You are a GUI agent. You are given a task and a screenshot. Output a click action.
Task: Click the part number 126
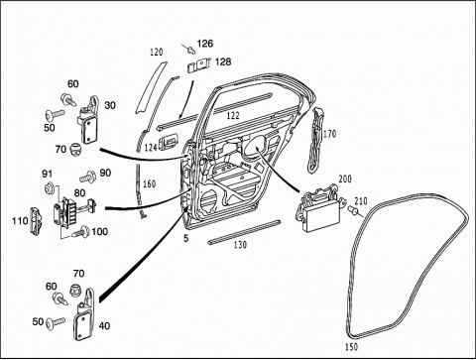point(205,44)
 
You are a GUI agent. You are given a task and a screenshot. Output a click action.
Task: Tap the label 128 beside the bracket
point(223,61)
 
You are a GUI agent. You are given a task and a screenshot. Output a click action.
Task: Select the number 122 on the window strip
point(233,116)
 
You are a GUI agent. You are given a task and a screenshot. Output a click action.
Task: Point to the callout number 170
point(329,134)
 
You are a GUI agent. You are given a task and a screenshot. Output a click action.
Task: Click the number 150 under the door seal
point(351,347)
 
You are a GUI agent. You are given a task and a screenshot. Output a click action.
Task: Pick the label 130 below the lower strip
point(240,245)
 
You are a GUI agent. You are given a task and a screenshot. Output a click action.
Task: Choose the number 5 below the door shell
point(186,238)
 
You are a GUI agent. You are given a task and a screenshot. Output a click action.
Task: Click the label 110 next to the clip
point(20,220)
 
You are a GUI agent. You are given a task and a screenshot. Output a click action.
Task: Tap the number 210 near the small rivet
point(361,200)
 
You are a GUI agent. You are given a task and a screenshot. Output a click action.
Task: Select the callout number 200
point(345,180)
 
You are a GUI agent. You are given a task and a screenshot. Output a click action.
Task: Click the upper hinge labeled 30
point(88,120)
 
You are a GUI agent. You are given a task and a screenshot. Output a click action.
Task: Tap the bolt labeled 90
point(88,177)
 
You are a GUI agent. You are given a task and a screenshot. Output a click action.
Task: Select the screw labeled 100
point(81,232)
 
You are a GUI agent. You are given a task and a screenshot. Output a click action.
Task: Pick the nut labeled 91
point(49,187)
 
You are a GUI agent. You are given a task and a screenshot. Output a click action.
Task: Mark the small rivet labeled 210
point(352,210)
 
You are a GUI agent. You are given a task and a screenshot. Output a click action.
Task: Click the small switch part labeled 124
point(170,143)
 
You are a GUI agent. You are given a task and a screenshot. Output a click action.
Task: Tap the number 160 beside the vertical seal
point(149,183)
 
